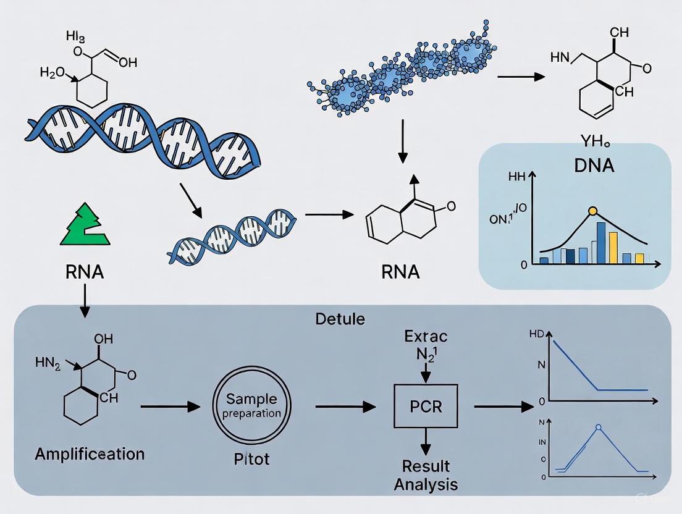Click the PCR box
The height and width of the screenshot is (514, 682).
pyautogui.click(x=426, y=407)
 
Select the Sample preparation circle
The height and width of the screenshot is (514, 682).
pyautogui.click(x=251, y=407)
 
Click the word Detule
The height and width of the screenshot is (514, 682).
pyautogui.click(x=340, y=319)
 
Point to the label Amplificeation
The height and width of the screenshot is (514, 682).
pyautogui.click(x=90, y=454)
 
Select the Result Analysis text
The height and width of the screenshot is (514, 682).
pyautogui.click(x=426, y=474)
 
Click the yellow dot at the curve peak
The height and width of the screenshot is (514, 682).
pyautogui.click(x=593, y=211)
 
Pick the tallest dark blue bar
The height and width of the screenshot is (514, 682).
pyautogui.click(x=601, y=243)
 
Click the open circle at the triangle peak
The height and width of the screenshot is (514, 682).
pyautogui.click(x=598, y=426)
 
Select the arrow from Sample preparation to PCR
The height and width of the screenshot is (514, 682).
pyautogui.click(x=345, y=407)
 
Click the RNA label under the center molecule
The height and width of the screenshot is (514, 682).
pyautogui.click(x=400, y=272)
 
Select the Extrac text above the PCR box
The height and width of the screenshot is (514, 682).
pyautogui.click(x=426, y=337)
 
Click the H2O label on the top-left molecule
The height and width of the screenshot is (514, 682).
pyautogui.click(x=52, y=72)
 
